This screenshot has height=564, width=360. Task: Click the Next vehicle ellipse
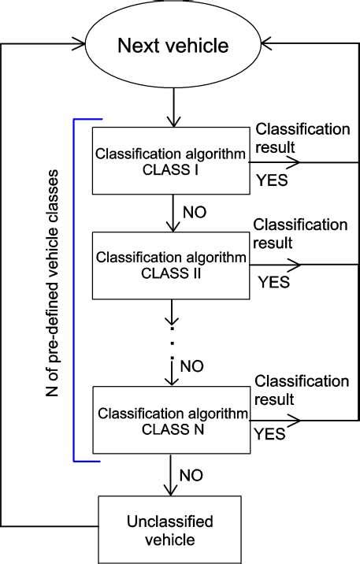(x=173, y=46)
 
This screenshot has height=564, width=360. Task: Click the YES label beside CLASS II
(x=274, y=281)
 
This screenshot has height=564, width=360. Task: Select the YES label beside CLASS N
(x=269, y=432)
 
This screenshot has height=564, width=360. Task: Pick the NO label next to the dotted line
(x=193, y=366)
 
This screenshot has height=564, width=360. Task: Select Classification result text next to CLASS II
(x=300, y=234)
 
